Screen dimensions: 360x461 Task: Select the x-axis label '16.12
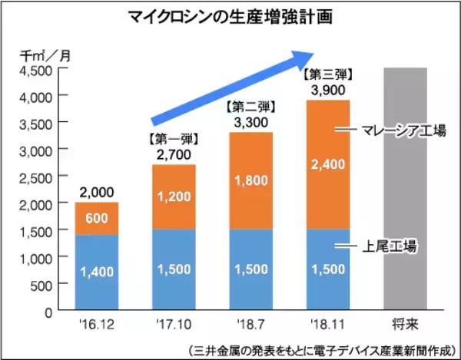coord(96,323)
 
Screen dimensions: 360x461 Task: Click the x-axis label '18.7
coord(250,323)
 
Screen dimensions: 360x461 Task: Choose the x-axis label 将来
coord(404,324)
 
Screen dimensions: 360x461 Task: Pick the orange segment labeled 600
coord(97,218)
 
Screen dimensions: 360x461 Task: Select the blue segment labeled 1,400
coord(97,272)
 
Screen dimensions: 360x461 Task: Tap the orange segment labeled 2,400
coord(328,163)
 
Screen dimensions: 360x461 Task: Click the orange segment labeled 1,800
coord(250,180)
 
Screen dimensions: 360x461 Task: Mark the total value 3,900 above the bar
coord(328,91)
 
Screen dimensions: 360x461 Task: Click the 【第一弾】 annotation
coord(174,140)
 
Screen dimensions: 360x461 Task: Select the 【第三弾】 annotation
coord(328,75)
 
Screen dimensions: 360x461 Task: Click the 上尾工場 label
coord(390,246)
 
